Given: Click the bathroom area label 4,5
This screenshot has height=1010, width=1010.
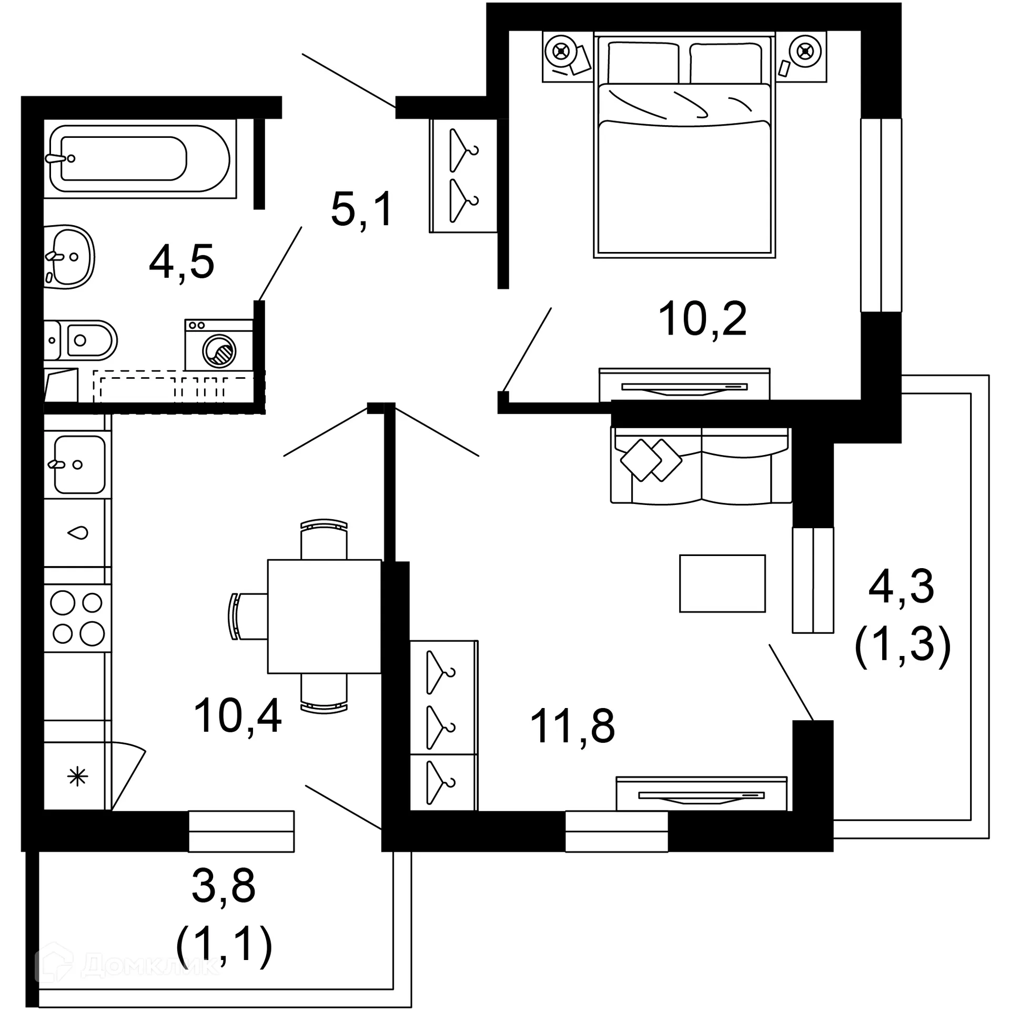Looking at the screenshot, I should pyautogui.click(x=181, y=262).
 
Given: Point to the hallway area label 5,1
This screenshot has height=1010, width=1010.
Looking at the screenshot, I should pyautogui.click(x=362, y=209).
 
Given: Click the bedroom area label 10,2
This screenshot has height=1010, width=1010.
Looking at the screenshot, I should pyautogui.click(x=702, y=319).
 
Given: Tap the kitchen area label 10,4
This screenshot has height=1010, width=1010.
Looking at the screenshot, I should pyautogui.click(x=237, y=715).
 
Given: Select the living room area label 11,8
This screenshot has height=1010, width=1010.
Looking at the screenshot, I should pyautogui.click(x=572, y=726).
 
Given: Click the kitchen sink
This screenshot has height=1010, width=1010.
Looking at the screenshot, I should pyautogui.click(x=79, y=464).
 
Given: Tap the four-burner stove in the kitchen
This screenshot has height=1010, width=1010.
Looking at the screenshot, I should pyautogui.click(x=77, y=618).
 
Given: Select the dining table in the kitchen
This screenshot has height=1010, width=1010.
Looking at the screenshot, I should pyautogui.click(x=324, y=616).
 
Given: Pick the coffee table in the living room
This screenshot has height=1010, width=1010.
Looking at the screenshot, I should pyautogui.click(x=722, y=583).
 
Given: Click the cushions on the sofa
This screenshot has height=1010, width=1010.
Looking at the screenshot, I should pyautogui.click(x=651, y=460).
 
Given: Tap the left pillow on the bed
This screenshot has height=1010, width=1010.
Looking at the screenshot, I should pyautogui.click(x=643, y=63).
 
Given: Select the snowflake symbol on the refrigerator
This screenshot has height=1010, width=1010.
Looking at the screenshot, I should pyautogui.click(x=77, y=776).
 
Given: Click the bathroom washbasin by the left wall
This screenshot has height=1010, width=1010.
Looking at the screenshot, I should pyautogui.click(x=69, y=257).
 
